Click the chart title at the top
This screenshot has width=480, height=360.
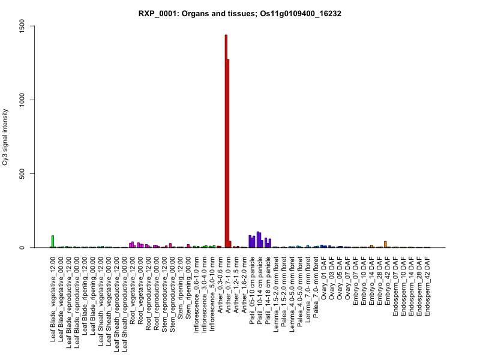(240, 13)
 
